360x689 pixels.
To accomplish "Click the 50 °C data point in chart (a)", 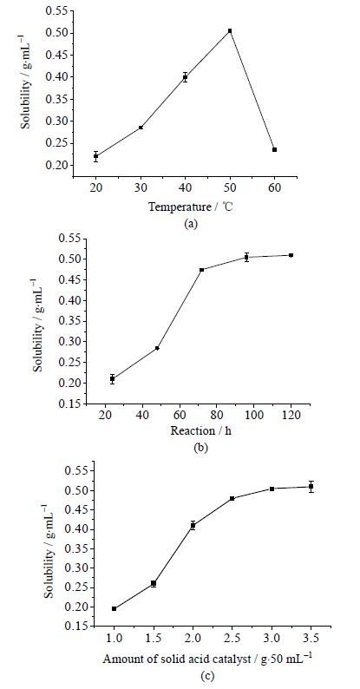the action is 230,30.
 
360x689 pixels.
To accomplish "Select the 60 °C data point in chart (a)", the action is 274,150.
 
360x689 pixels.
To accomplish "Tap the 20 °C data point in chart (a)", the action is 95,156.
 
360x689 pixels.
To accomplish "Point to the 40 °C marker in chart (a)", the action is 186,77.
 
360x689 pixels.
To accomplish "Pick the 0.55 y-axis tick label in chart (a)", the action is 59,11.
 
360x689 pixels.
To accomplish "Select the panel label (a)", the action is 191,224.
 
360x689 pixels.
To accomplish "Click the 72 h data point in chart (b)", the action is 201,270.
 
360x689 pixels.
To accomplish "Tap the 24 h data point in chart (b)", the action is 113,378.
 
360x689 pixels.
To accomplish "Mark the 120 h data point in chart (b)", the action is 291,255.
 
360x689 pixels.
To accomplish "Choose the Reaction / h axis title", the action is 200,430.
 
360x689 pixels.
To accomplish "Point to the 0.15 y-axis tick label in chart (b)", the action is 71,404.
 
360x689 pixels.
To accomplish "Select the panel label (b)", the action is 200,449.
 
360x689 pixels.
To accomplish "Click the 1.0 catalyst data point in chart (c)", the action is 115,608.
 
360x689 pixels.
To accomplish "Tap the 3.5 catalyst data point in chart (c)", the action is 311,487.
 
